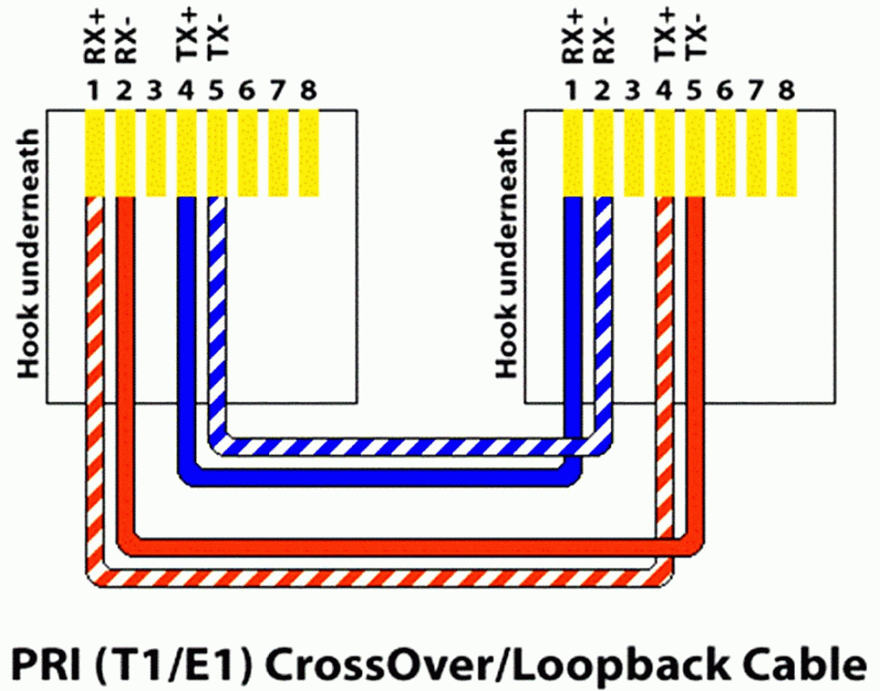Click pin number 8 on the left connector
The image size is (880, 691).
click(308, 90)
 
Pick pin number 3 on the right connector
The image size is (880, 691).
click(633, 90)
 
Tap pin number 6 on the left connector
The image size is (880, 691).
click(247, 90)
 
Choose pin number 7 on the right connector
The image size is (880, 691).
click(756, 90)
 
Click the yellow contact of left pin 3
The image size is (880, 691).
click(156, 152)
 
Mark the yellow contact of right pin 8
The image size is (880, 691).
click(786, 152)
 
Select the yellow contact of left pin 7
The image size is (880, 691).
click(279, 152)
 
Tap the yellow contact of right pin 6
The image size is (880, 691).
click(725, 152)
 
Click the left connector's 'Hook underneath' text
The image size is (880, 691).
click(29, 253)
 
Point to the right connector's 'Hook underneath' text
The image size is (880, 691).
click(507, 253)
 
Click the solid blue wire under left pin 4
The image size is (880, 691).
click(186, 337)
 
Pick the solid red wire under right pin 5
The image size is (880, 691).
click(695, 371)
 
